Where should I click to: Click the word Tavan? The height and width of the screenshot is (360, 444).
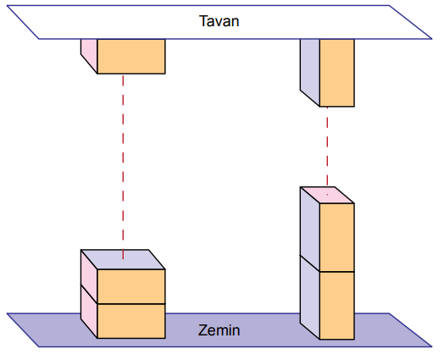click(219, 21)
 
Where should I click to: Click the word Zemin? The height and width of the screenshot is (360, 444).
click(219, 330)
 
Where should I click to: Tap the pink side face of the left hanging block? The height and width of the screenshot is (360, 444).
click(89, 53)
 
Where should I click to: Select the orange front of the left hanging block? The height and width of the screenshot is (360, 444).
click(131, 56)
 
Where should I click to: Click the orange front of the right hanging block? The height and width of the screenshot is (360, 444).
click(337, 73)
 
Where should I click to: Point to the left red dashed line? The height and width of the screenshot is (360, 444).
click(123, 167)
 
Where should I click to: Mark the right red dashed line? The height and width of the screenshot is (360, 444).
click(327, 151)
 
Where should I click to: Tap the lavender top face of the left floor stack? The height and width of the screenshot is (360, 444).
click(123, 259)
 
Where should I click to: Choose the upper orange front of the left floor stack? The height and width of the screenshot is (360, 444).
click(131, 286)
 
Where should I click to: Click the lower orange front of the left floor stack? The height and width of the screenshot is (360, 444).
click(131, 321)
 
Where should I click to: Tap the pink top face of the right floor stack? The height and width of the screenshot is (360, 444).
click(327, 195)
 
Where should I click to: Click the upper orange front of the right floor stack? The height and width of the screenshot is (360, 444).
click(337, 237)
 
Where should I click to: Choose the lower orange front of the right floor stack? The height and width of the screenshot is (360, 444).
click(337, 306)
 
